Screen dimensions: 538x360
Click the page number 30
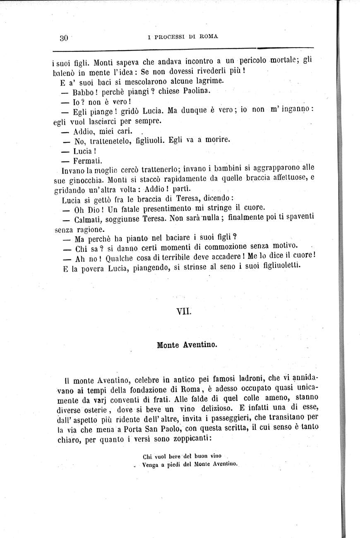pos(63,38)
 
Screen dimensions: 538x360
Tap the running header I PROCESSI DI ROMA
pos(182,36)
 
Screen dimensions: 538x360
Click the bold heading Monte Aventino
pos(187,345)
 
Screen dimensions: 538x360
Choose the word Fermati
pos(88,160)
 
